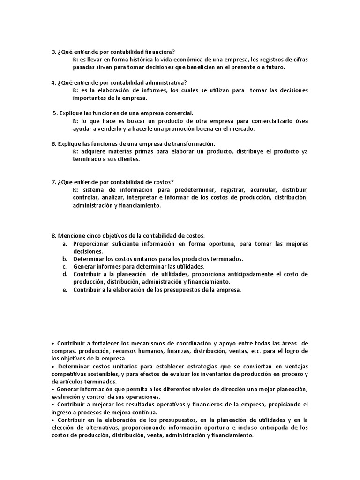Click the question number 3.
(x=53, y=52)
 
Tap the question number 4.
(x=53, y=83)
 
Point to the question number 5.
(x=55, y=113)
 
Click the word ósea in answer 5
(x=300, y=121)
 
